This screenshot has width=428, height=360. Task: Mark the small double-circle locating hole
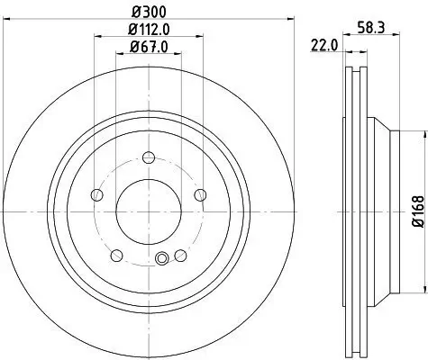[162, 260]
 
